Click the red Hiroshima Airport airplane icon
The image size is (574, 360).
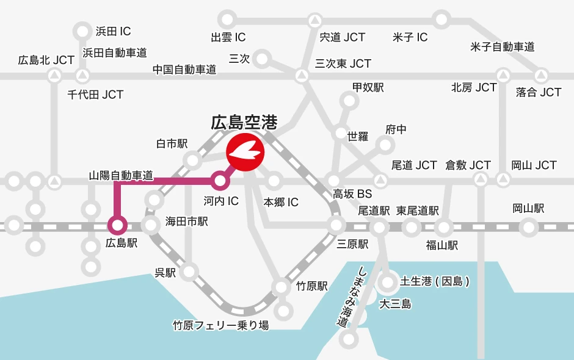245,152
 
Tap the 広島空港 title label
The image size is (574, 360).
244,123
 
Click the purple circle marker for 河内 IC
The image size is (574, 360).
220,181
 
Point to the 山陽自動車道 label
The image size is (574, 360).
121,176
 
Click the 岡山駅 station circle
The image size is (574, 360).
529,227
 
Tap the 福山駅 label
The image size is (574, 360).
442,245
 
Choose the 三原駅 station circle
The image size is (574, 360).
336,226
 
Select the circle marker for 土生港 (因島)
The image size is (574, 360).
388,282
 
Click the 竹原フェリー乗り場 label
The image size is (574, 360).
220,325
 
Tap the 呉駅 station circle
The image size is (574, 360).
190,271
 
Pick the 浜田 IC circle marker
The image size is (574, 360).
82,31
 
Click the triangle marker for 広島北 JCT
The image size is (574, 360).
54,76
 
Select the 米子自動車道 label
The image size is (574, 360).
503,46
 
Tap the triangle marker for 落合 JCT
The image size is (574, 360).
541,76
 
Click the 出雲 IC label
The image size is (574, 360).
228,37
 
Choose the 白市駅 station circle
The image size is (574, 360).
193,161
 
